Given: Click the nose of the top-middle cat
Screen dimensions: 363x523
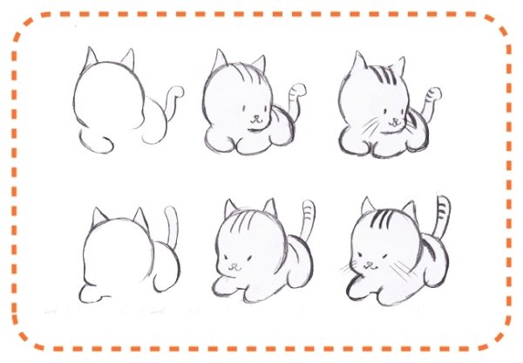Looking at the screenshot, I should click(254, 114).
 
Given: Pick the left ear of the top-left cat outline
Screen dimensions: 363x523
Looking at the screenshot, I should click(91, 58).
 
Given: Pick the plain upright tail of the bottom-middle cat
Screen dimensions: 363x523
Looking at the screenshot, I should click(308, 219).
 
